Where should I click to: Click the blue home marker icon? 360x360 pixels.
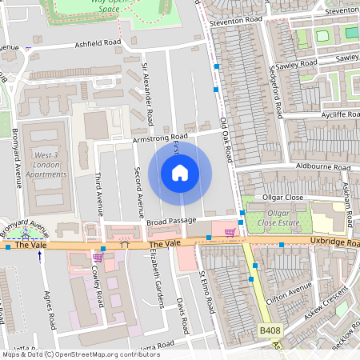pyautogui.click(x=180, y=173)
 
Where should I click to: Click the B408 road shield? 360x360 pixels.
pyautogui.click(x=270, y=330)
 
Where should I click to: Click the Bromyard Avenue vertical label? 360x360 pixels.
pyautogui.click(x=17, y=166)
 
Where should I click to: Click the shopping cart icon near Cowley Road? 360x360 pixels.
pyautogui.click(x=98, y=257)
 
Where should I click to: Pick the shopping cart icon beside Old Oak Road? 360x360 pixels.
pyautogui.click(x=230, y=233)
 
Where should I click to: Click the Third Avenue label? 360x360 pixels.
pyautogui.click(x=99, y=194)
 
